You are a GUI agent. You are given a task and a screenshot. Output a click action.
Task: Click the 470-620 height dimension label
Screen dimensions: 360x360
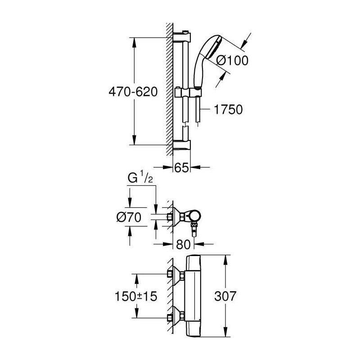click(133, 92)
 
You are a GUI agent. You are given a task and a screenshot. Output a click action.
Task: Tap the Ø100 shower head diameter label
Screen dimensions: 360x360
click(232, 60)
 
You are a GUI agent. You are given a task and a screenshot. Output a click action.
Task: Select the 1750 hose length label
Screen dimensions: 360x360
click(228, 109)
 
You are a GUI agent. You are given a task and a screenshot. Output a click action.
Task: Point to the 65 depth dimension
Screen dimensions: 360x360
click(182, 167)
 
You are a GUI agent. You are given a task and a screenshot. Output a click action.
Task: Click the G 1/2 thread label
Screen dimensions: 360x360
click(140, 178)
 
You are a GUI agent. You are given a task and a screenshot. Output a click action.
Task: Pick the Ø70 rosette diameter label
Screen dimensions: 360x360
click(129, 217)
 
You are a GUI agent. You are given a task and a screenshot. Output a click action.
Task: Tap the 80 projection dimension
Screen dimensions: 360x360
click(183, 244)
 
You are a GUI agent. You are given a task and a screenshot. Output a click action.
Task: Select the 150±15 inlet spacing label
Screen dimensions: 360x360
click(136, 296)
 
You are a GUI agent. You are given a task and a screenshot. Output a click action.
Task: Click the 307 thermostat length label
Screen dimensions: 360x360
click(225, 296)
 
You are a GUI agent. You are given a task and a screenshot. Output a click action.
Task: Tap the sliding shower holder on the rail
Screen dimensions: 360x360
click(188, 93)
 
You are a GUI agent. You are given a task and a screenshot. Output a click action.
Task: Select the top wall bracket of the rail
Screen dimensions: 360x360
click(181, 37)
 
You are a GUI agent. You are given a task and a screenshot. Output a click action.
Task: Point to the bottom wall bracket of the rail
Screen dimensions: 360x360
click(181, 145)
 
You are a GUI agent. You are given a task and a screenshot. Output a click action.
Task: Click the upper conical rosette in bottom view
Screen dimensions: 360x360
click(178, 275)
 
